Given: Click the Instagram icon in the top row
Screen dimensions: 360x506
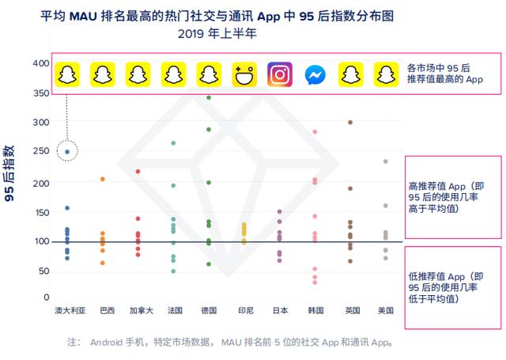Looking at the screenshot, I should coord(280,75).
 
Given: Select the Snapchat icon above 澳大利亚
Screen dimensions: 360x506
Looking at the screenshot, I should coord(67,75).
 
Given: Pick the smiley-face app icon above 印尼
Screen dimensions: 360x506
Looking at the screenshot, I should coord(244,75).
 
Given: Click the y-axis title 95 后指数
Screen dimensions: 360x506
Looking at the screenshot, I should coord(12,174).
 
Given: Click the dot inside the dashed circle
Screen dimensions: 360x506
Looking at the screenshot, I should coord(67,151).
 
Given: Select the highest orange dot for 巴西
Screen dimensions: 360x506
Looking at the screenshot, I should coord(103,180).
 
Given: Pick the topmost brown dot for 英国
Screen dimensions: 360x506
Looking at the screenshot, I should coord(350,123).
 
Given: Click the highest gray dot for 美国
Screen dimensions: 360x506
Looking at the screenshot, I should coord(386,161).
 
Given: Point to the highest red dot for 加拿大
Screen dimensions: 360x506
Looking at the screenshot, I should coord(138,172).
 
